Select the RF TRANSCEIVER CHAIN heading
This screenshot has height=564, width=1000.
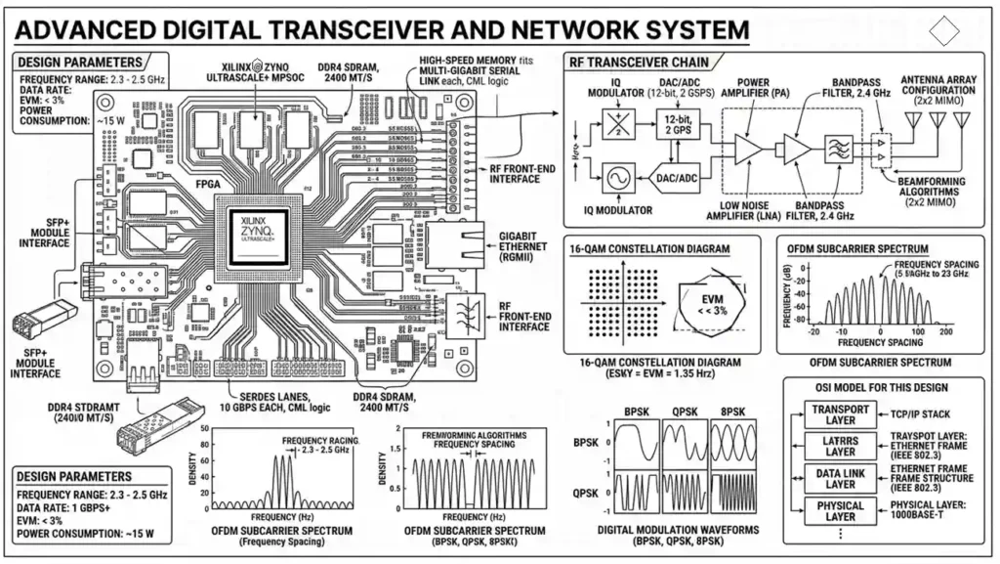tap(639, 63)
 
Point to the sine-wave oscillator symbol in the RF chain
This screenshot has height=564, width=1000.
tap(618, 180)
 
